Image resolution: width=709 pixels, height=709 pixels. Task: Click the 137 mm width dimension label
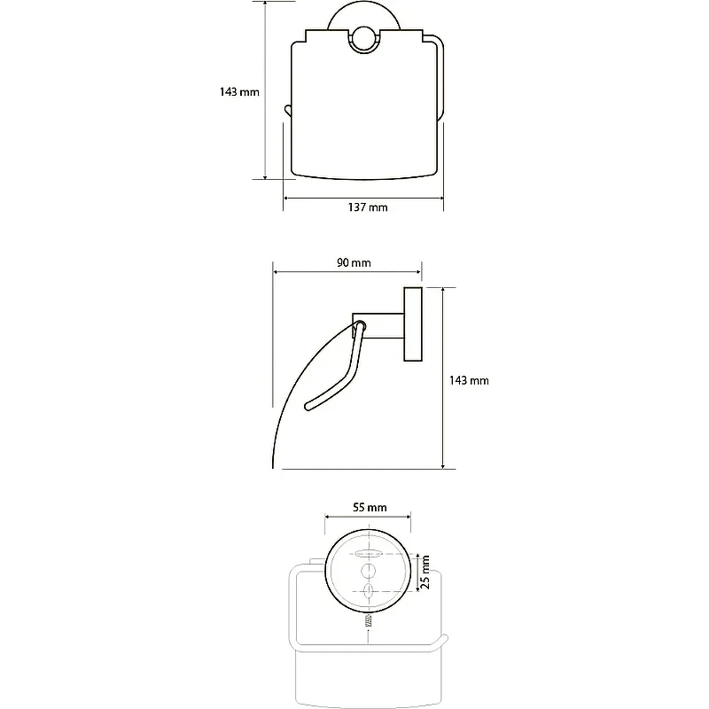pos(368,207)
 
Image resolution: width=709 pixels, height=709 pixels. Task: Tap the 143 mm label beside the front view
pos(239,92)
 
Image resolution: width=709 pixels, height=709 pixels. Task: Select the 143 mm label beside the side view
pos(469,381)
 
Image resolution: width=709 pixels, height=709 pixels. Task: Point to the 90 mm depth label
pos(354,262)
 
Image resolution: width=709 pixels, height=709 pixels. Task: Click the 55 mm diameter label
pos(370,507)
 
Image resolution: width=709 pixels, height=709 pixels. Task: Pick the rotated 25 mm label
pos(425,573)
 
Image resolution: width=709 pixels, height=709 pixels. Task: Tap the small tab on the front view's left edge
pos(287,110)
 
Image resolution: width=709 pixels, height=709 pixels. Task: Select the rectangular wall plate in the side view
pos(413,324)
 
